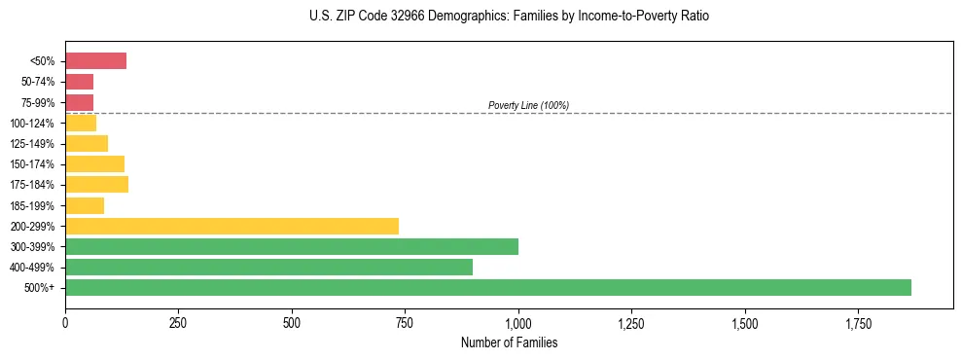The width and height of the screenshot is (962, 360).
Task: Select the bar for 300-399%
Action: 292,246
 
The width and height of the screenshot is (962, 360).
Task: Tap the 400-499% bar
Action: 268,267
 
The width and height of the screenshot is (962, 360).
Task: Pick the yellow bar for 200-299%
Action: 232,226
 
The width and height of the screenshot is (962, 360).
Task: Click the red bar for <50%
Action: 95,61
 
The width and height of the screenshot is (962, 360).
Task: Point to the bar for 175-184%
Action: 96,185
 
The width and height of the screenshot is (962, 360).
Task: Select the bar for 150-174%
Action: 94,163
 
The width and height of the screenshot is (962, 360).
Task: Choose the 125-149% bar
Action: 87,143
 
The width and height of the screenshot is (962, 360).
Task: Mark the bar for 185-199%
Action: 85,205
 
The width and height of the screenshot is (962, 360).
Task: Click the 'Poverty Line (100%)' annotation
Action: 528,105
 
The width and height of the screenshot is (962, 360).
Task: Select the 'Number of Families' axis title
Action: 510,342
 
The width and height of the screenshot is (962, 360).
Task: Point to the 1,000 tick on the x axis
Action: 518,321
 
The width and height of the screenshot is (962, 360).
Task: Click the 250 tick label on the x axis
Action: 178,321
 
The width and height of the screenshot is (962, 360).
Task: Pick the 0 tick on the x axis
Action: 65,321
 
